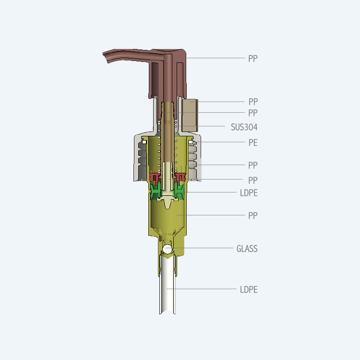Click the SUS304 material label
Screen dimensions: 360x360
click(x=244, y=127)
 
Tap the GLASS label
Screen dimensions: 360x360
click(x=247, y=249)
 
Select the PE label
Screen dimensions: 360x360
click(x=253, y=143)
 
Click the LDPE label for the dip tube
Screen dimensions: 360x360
click(x=249, y=289)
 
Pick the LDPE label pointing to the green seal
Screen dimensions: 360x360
click(x=249, y=193)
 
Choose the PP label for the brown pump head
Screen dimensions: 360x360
click(x=253, y=59)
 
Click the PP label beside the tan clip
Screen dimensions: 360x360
click(x=253, y=102)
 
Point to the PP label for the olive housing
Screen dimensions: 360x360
click(x=253, y=216)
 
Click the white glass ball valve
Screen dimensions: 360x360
click(x=167, y=249)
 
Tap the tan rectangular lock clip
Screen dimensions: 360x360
click(x=190, y=116)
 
